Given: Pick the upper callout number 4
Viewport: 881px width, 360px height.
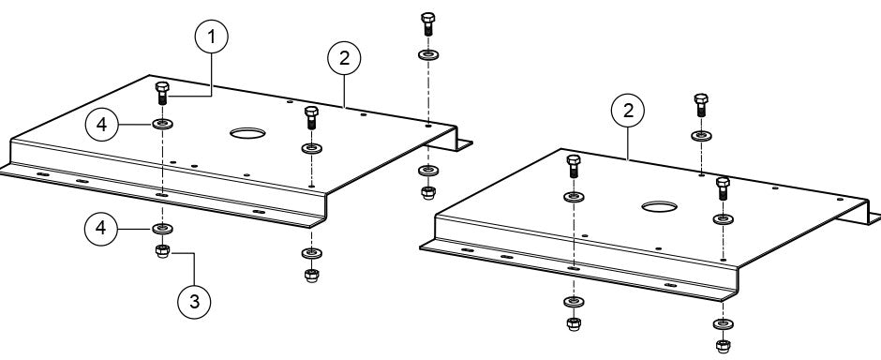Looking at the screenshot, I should pyautogui.click(x=103, y=124).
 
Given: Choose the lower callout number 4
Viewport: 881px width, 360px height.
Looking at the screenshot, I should pyautogui.click(x=103, y=228).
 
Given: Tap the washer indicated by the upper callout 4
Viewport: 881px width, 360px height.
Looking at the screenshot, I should pyautogui.click(x=163, y=124).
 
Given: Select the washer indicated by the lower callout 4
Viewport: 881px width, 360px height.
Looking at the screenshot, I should pyautogui.click(x=163, y=228).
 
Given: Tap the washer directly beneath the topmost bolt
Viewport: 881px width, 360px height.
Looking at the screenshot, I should pyautogui.click(x=427, y=54).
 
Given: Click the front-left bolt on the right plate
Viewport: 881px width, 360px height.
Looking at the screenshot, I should pyautogui.click(x=573, y=169).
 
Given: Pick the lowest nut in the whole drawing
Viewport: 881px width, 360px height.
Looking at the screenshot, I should pyautogui.click(x=723, y=346).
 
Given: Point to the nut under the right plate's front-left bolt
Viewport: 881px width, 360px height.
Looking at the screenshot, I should pyautogui.click(x=573, y=324).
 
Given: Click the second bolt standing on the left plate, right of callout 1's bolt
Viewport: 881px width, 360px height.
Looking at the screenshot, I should pyautogui.click(x=311, y=118).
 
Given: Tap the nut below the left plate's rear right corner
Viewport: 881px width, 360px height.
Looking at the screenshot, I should pyautogui.click(x=427, y=192).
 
